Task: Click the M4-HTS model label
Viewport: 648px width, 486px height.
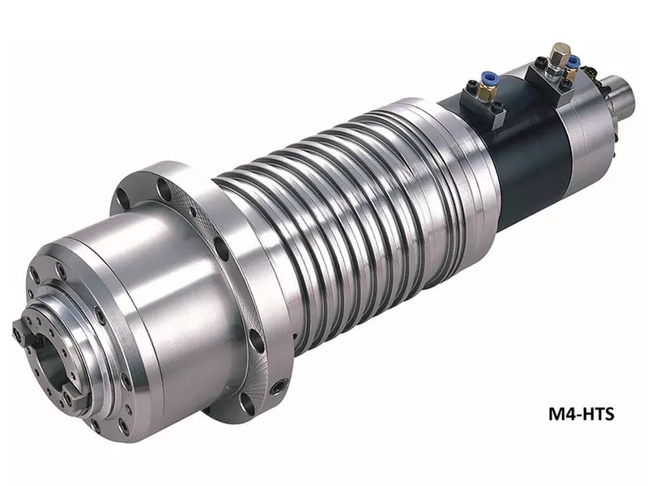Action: coord(581,413)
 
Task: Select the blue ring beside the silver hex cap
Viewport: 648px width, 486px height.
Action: coord(573,62)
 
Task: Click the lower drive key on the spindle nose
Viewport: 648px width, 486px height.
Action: coord(75,399)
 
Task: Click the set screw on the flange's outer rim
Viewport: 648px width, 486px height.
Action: coord(276,388)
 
